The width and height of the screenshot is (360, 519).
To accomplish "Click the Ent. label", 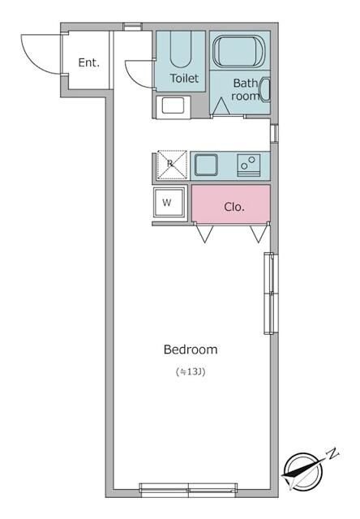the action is pyautogui.click(x=88, y=62).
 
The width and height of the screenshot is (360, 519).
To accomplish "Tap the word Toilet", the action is pyautogui.click(x=184, y=78).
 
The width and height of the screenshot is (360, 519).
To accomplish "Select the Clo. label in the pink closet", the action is pyautogui.click(x=234, y=207).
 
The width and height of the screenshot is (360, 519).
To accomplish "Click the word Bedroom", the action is pyautogui.click(x=191, y=350).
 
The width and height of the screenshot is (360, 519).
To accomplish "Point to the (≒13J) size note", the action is pyautogui.click(x=191, y=371).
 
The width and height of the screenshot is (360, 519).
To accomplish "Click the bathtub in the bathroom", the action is pyautogui.click(x=238, y=51).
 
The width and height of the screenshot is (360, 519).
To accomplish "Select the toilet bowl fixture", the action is pyautogui.click(x=181, y=49).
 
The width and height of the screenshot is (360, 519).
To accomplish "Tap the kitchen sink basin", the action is pyautogui.click(x=206, y=165).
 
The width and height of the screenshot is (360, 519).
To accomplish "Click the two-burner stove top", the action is pyautogui.click(x=248, y=165).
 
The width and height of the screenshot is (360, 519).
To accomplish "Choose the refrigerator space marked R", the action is pyautogui.click(x=172, y=165).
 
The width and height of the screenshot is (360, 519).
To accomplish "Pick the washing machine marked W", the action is pyautogui.click(x=169, y=202).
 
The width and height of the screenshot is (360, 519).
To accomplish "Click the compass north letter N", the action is pyautogui.click(x=333, y=453).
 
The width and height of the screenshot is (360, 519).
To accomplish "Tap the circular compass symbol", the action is pyautogui.click(x=304, y=471).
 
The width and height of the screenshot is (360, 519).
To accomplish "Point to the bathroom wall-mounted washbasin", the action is pyautogui.click(x=266, y=89).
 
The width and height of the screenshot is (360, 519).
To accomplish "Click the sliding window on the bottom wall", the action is pyautogui.click(x=189, y=490).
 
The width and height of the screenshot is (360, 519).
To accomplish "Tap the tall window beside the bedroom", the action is pyautogui.click(x=269, y=294).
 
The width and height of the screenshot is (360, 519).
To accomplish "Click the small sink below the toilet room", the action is pyautogui.click(x=173, y=106).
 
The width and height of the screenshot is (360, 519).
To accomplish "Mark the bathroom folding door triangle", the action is pyautogui.click(x=221, y=108).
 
